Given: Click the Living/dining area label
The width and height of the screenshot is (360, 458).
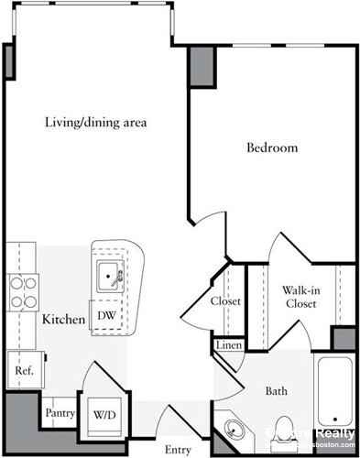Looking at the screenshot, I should pos(97,122).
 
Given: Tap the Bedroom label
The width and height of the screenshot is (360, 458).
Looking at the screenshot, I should pos(272,148).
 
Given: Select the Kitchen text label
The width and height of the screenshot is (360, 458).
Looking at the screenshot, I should pos(64,320).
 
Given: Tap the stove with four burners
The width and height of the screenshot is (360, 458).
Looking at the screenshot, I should pos(22,292).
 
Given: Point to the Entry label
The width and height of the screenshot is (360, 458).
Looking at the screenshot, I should pos(178,449).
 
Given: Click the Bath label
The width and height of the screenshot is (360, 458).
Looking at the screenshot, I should pos(277,391).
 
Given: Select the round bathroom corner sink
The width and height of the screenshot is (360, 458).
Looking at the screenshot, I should pos(236,428).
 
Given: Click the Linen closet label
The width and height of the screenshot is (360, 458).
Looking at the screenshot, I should pos(228,346).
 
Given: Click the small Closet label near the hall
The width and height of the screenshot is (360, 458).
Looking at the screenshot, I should pos(225,300).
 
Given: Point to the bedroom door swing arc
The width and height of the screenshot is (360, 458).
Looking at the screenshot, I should pos(213,235).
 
